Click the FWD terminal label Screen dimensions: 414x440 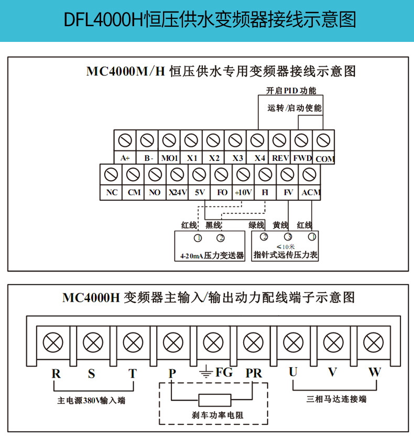click(x=302, y=158)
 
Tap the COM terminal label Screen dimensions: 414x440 click(x=325, y=159)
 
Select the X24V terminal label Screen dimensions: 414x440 click(x=178, y=193)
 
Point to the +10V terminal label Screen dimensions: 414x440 click(x=243, y=193)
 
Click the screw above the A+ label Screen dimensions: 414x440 click(x=125, y=140)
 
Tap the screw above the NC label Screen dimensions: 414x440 click(x=111, y=174)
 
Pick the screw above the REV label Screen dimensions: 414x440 click(x=279, y=140)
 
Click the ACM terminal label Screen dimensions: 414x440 click(x=311, y=193)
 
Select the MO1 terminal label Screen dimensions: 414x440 click(x=169, y=158)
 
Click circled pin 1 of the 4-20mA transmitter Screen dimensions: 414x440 click(x=198, y=238)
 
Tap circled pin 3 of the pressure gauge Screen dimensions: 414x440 click(x=288, y=237)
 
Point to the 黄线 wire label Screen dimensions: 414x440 click(x=280, y=225)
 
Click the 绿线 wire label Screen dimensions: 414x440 click(x=256, y=225)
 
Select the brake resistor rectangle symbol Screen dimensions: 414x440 click(x=215, y=400)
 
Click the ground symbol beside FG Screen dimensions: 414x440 click(x=206, y=371)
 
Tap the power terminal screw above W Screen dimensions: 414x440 click(x=373, y=343)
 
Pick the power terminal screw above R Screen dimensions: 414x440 click(x=53, y=343)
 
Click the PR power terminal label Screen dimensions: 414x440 click(x=254, y=373)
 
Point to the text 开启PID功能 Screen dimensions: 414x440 click(x=291, y=91)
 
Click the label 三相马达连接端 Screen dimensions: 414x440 click(x=336, y=399)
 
